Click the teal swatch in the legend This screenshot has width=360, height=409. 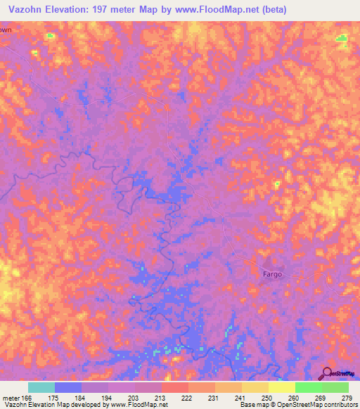coord(41,387)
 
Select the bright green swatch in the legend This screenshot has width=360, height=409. coord(308,387)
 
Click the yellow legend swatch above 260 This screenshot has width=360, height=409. coord(281,387)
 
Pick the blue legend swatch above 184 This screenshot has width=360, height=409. coord(67,387)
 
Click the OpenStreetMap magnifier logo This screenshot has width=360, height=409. coord(328,373)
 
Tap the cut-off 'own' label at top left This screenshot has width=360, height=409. coord(6,30)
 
